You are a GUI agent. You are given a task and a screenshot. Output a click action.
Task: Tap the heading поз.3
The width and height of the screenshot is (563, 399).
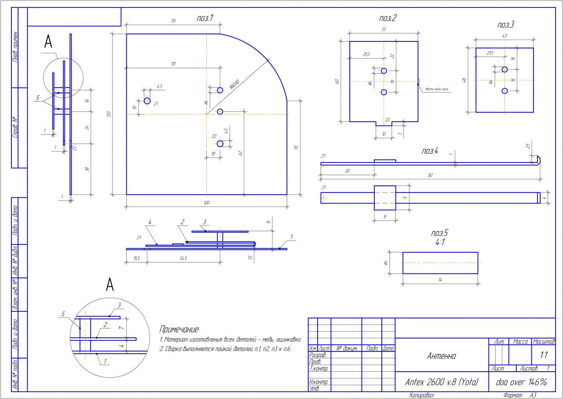pyautogui.click(x=506, y=25)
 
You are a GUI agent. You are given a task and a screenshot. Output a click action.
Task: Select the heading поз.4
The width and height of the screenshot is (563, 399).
pyautogui.click(x=430, y=151)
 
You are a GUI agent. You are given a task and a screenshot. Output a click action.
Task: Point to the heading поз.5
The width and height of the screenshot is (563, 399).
pyautogui.click(x=440, y=233)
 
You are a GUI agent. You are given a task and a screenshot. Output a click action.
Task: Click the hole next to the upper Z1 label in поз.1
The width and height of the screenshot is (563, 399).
pyautogui.click(x=147, y=101)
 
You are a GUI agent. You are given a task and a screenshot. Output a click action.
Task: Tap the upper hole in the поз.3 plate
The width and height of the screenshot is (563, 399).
pyautogui.click(x=505, y=69)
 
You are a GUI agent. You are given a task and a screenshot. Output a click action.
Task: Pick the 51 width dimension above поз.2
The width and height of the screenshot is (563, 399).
pyautogui.click(x=384, y=29)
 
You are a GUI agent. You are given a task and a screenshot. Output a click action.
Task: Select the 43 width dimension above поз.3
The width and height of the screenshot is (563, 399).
pyautogui.click(x=505, y=36)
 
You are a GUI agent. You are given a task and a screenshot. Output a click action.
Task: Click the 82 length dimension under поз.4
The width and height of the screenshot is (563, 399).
pyautogui.click(x=430, y=175)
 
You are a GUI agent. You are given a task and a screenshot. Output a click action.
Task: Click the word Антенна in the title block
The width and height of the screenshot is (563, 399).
pyautogui.click(x=441, y=356)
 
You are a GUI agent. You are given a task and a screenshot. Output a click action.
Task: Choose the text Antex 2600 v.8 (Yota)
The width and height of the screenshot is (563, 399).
pyautogui.click(x=441, y=382)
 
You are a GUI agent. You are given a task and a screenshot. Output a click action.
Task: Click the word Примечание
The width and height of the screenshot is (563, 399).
pyautogui.click(x=179, y=329)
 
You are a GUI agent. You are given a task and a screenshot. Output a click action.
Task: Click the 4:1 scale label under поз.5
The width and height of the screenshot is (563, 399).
pyautogui.click(x=440, y=242)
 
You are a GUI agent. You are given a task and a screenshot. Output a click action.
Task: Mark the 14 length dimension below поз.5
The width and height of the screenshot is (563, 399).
pyautogui.click(x=440, y=281)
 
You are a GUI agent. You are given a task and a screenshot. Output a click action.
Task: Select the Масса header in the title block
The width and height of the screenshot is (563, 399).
pyautogui.click(x=520, y=342)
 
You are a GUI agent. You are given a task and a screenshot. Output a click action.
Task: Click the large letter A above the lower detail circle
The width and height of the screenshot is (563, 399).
pyautogui.click(x=110, y=285)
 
